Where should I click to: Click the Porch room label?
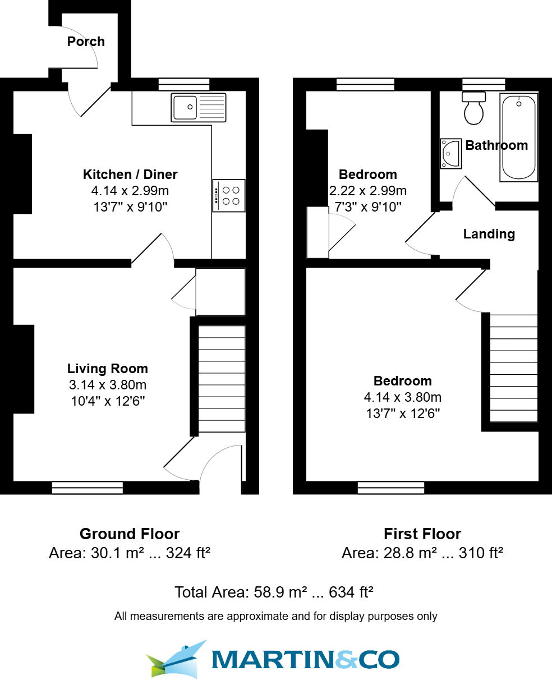pyautogui.click(x=86, y=42)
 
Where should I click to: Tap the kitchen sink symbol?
pyautogui.click(x=199, y=107)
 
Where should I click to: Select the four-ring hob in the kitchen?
pyautogui.click(x=229, y=195)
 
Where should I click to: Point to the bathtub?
pyautogui.click(x=518, y=137)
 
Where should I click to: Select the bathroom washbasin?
pyautogui.click(x=450, y=153)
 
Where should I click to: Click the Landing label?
pyautogui.click(x=489, y=234)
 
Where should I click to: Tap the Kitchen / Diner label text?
pyautogui.click(x=130, y=174)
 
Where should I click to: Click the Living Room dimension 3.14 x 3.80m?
pyautogui.click(x=107, y=385)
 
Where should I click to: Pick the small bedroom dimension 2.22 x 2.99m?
pyautogui.click(x=368, y=191)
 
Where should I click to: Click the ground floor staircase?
pyautogui.click(x=222, y=379)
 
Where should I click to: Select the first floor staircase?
pyautogui.click(x=514, y=368)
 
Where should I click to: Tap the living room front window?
pyautogui.click(x=87, y=488)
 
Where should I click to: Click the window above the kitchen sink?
pyautogui.click(x=183, y=84)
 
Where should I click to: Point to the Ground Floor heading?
pyautogui.click(x=130, y=534)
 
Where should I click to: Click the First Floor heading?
pyautogui.click(x=422, y=534)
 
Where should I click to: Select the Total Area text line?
pyautogui.click(x=274, y=592)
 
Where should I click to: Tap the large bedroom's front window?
pyautogui.click(x=391, y=488)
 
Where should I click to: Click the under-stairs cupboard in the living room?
pyautogui.click(x=220, y=292)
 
